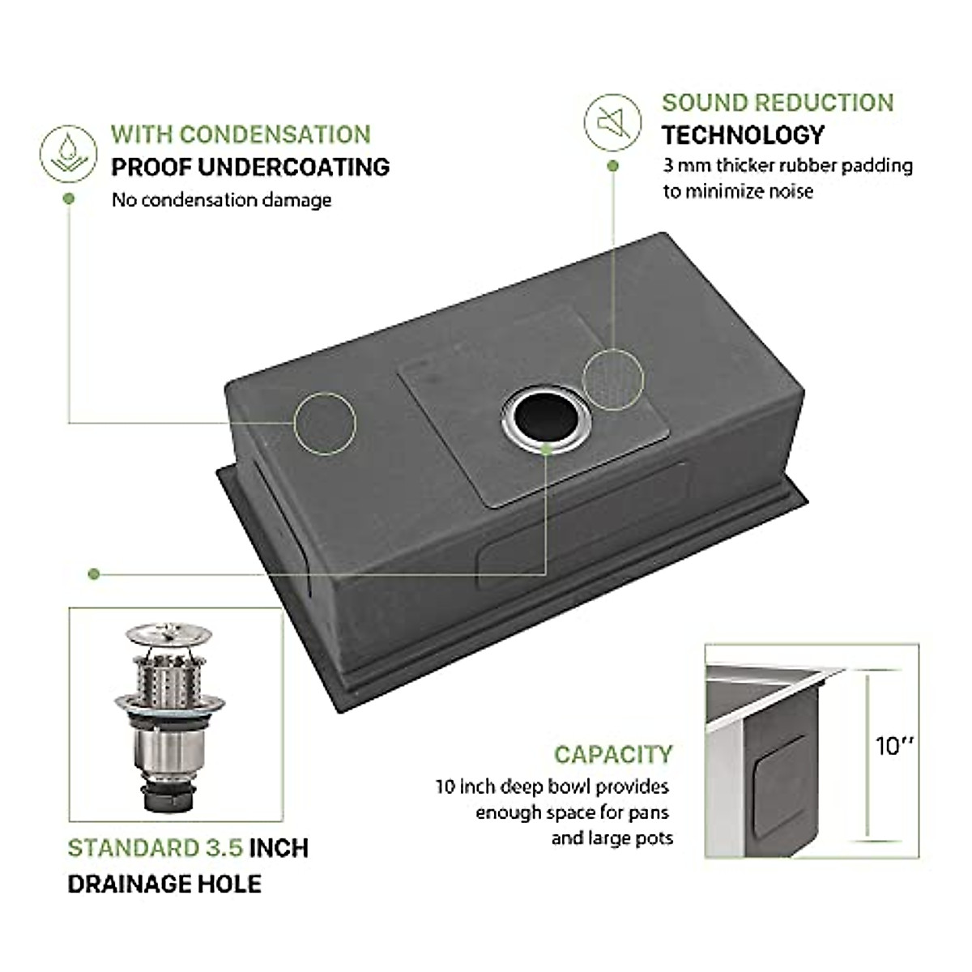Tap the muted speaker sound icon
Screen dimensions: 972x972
[612, 122]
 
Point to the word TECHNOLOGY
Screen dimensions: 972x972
[743, 134]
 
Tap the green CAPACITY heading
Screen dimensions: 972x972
[613, 754]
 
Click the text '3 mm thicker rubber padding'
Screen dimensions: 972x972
[787, 165]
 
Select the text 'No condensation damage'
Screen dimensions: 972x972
[221, 200]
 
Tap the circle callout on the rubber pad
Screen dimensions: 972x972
[613, 378]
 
